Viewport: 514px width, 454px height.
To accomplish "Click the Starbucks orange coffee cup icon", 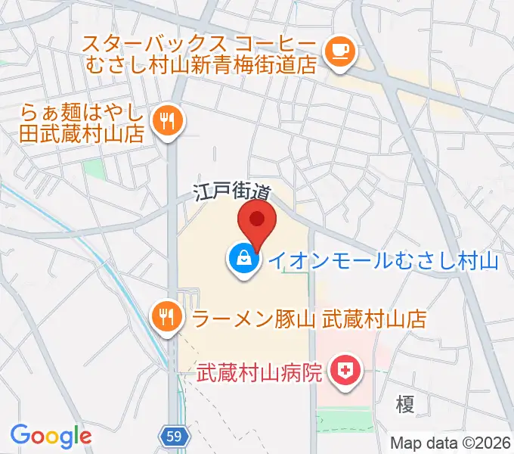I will click(338, 51).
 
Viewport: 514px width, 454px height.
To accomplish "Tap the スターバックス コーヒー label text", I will click(200, 43).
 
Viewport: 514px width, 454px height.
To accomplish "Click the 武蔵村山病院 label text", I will click(261, 372).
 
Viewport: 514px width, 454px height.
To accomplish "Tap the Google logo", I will click(51, 435).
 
